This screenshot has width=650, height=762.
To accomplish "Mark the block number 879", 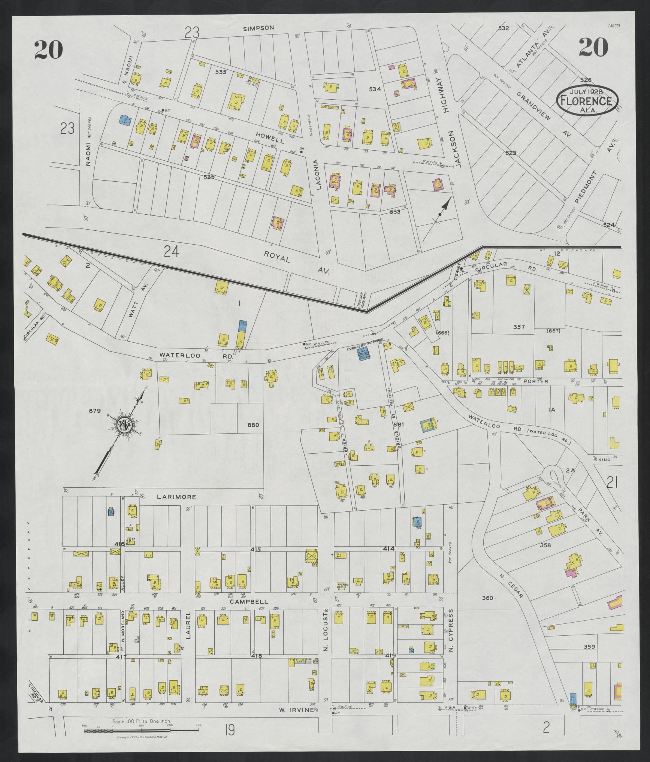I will tap(95, 411).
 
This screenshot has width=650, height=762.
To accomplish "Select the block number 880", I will tap(253, 425).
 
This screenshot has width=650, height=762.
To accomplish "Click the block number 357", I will tap(519, 327).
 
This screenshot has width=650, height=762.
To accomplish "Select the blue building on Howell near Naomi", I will tap(124, 120).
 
